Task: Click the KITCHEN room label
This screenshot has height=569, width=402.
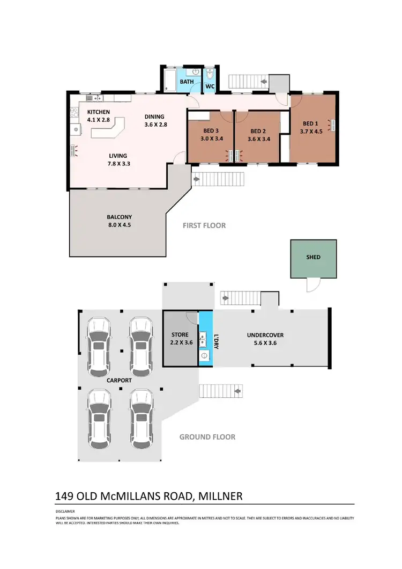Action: (98, 112)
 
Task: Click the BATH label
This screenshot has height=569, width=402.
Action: (186, 82)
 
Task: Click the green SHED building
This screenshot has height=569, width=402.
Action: (314, 258)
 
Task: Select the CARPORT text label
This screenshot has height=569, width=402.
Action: (118, 380)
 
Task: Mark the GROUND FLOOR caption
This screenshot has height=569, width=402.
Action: (207, 437)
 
